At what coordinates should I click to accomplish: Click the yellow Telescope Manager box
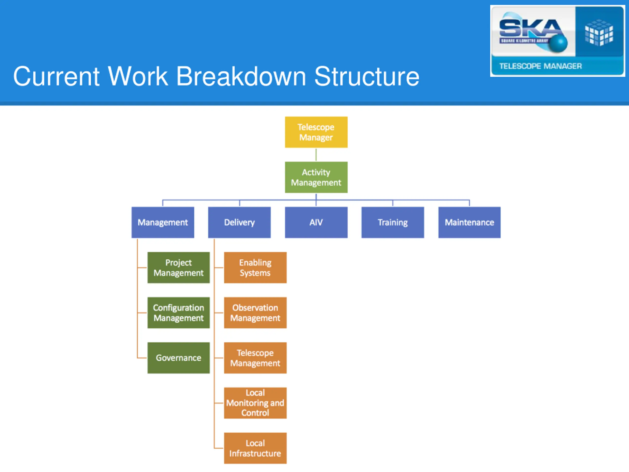(316, 132)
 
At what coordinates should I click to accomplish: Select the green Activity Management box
(316, 177)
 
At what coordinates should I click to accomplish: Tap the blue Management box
(163, 222)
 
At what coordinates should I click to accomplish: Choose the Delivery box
(239, 222)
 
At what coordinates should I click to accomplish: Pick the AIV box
(316, 222)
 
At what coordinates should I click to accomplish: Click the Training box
(392, 222)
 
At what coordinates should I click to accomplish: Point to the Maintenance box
(469, 222)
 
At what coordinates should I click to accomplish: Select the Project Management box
(179, 267)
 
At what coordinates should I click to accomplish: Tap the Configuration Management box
(179, 313)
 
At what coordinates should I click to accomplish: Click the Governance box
(179, 358)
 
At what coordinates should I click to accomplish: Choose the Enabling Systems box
(255, 267)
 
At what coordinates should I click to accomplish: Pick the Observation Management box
(255, 313)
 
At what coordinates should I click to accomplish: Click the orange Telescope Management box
(255, 358)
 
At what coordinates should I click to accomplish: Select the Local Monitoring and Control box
(255, 403)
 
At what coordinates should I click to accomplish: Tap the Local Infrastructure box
(255, 448)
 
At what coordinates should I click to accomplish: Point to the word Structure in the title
(367, 76)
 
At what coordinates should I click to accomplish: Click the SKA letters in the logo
(530, 29)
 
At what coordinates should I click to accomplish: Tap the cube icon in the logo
(599, 32)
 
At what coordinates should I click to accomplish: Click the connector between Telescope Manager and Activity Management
(316, 154)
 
